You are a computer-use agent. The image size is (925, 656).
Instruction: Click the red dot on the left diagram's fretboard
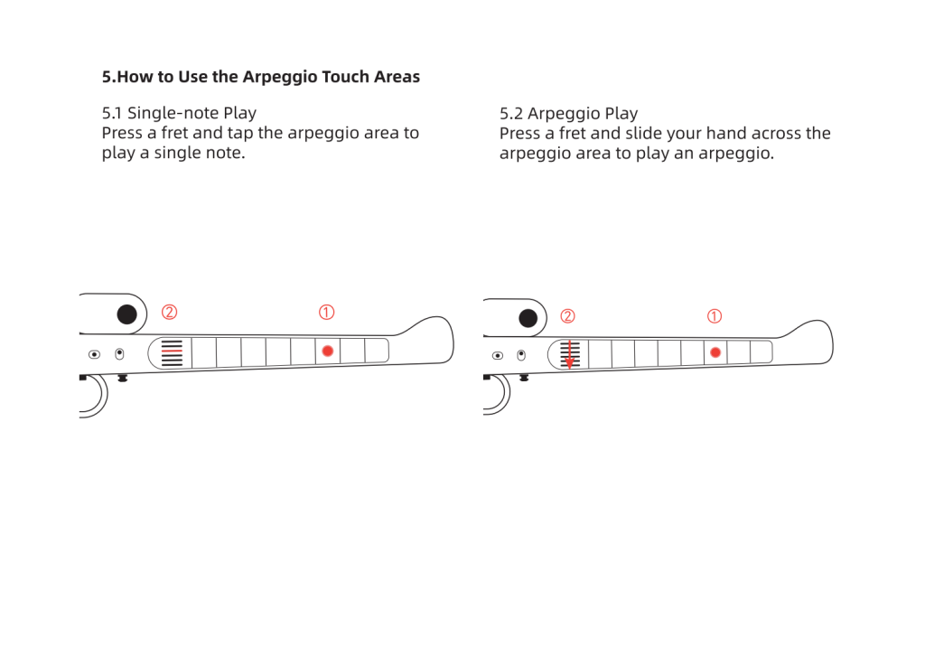327,351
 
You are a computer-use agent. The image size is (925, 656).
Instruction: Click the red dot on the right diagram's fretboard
715,352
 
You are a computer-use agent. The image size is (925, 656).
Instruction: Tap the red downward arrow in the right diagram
569,354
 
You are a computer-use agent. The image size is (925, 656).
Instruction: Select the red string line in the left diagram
172,351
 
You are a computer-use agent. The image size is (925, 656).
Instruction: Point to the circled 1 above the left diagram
326,312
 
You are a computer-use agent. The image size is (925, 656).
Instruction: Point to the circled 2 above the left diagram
169,312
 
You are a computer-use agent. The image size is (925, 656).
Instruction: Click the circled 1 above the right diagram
714,316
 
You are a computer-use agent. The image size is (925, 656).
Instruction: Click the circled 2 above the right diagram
567,316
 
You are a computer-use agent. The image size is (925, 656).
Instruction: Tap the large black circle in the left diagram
126,314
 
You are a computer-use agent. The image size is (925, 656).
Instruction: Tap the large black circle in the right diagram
528,319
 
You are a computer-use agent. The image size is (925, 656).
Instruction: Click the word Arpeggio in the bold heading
276,77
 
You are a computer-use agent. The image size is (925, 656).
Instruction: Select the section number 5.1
112,113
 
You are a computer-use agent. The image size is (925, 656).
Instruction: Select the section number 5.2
511,113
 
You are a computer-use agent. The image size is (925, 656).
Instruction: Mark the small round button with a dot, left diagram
94,354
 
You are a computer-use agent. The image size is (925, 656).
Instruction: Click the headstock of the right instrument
808,342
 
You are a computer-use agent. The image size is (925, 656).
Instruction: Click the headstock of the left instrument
427,340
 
